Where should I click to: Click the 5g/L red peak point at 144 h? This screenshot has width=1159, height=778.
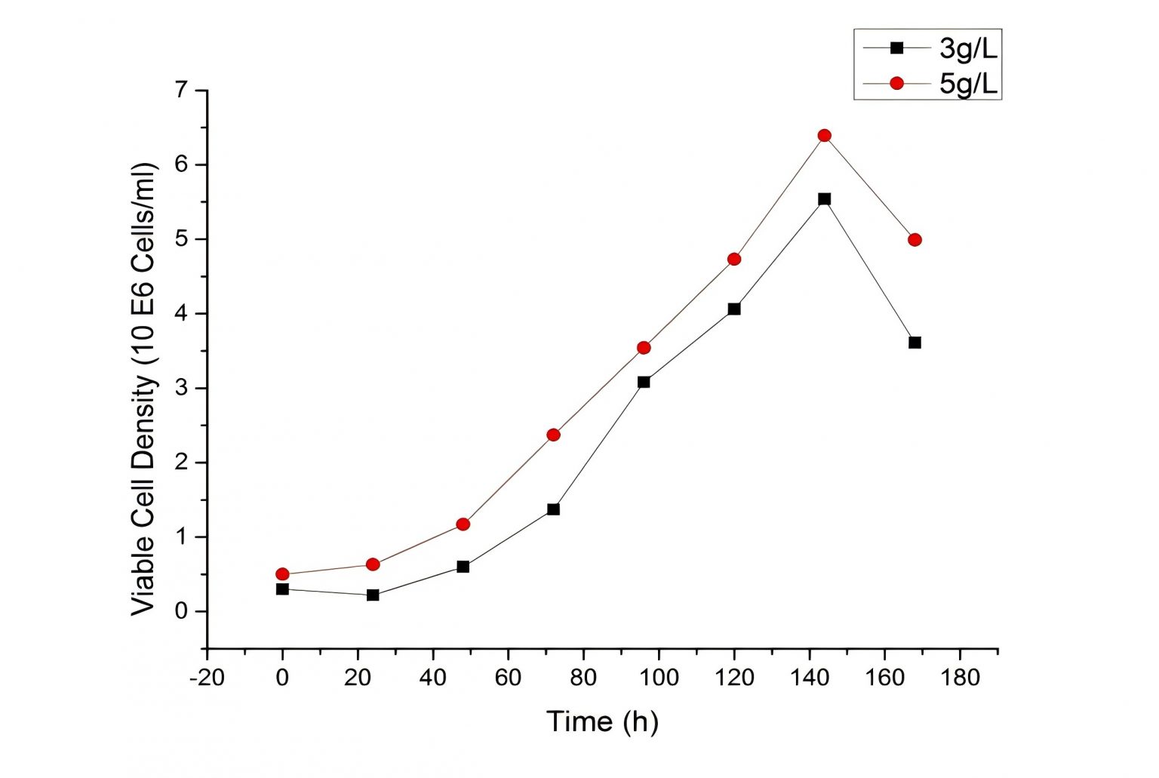[x=824, y=136]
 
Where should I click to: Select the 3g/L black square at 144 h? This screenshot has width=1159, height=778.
[x=824, y=199]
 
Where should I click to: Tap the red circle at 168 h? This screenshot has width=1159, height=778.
[x=915, y=240]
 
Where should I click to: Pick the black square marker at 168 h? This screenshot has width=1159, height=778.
[x=915, y=343]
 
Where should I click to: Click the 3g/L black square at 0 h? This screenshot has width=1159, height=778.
[x=282, y=589]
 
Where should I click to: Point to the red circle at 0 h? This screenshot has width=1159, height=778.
[x=282, y=574]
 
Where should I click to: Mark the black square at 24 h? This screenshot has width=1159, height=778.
[x=373, y=595]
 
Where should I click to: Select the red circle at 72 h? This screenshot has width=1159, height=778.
[x=553, y=435]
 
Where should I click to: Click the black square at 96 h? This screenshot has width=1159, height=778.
[x=644, y=382]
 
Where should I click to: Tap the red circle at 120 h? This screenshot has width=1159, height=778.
[x=734, y=260]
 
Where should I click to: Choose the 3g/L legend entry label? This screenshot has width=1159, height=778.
[x=968, y=49]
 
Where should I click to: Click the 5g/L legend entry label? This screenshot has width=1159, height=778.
[x=968, y=84]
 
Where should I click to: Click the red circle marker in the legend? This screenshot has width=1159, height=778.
[x=896, y=83]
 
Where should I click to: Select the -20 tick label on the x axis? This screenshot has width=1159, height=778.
[x=206, y=678]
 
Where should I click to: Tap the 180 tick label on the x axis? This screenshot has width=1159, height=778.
[x=960, y=678]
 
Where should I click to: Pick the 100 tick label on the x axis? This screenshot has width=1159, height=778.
[x=659, y=678]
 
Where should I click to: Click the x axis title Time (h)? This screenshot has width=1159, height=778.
[x=602, y=722]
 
